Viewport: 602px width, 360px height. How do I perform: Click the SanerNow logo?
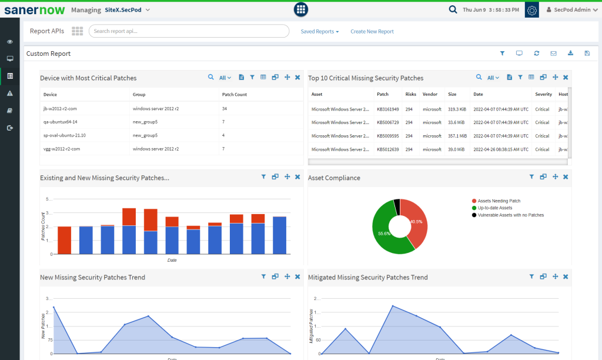tap(34, 10)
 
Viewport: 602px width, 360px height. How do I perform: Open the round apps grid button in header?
tap(301, 9)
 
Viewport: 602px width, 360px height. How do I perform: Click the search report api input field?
tap(189, 31)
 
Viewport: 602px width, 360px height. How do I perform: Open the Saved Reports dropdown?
tap(319, 32)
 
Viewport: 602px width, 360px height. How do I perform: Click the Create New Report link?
tap(372, 32)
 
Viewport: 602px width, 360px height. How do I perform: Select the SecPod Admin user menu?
tap(571, 10)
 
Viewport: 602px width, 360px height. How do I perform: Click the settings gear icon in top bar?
tap(531, 10)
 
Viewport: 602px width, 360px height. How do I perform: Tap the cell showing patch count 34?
tap(225, 109)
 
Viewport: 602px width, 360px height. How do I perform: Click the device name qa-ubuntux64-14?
tap(61, 122)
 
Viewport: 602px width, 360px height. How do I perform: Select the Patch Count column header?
tap(235, 94)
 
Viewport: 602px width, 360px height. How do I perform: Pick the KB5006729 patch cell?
tap(387, 122)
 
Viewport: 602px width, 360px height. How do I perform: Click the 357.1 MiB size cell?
tap(457, 136)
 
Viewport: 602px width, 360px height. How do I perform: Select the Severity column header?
tap(543, 94)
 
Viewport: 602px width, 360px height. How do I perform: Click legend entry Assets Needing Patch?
tap(499, 201)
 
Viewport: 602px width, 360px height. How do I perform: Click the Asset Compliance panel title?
tap(334, 178)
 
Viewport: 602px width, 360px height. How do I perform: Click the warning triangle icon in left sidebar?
tap(10, 94)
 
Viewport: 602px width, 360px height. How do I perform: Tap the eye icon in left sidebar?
tap(10, 42)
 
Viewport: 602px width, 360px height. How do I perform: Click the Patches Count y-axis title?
tap(44, 226)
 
